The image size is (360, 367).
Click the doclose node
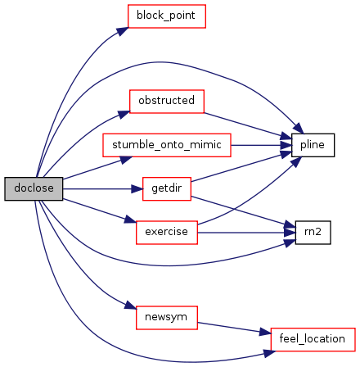(x=34, y=188)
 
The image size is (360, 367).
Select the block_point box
(x=167, y=16)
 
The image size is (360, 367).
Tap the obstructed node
(x=167, y=102)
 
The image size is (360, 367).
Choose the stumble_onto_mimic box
(x=167, y=145)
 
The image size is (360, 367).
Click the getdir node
(x=167, y=188)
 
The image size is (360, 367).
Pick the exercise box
(x=167, y=233)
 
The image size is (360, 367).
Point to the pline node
(x=313, y=145)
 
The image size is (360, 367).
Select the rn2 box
(x=313, y=233)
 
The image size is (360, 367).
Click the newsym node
(x=167, y=318)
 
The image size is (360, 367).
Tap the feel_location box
(x=313, y=339)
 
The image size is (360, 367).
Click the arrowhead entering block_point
(x=123, y=31)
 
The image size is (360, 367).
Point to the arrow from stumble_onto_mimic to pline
(x=261, y=145)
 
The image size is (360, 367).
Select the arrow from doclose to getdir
(x=102, y=188)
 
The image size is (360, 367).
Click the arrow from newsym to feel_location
(x=234, y=328)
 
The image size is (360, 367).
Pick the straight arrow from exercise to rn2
(x=246, y=233)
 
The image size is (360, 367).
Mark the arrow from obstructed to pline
(x=248, y=126)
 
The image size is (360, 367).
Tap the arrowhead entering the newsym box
(x=130, y=306)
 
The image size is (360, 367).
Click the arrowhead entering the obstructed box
(x=124, y=114)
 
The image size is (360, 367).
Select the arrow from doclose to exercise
(x=99, y=211)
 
